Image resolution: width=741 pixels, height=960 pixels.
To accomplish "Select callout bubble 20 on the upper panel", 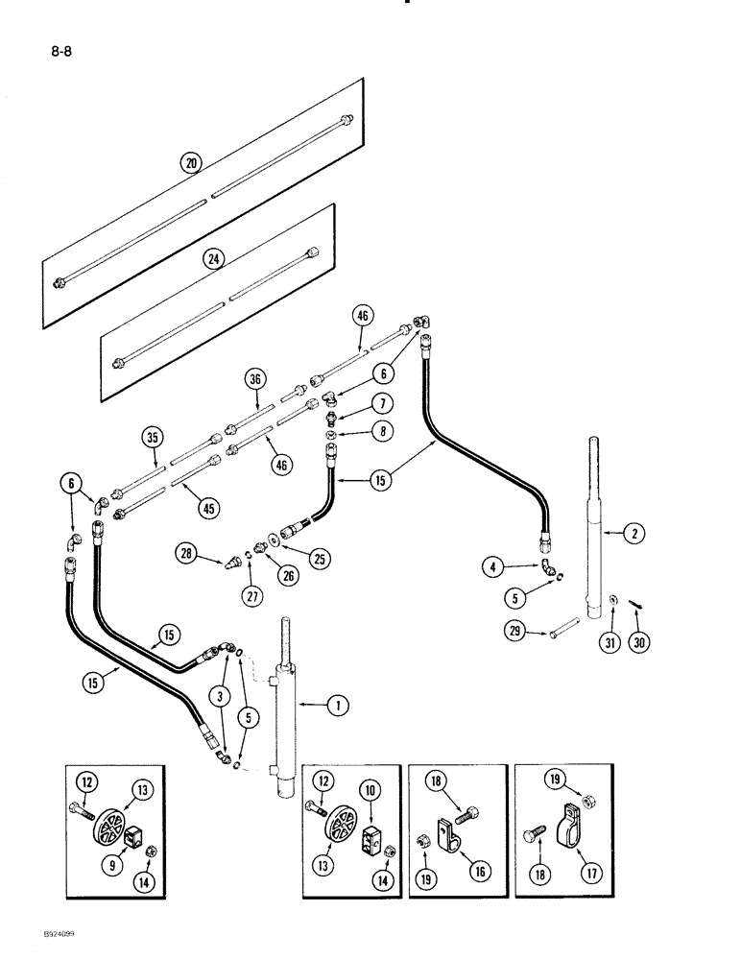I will (x=192, y=164).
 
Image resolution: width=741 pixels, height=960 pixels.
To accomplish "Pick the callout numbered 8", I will (x=382, y=433).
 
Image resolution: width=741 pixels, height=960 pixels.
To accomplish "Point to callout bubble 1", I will (x=337, y=706).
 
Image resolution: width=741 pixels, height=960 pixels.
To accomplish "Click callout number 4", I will (x=494, y=568).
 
